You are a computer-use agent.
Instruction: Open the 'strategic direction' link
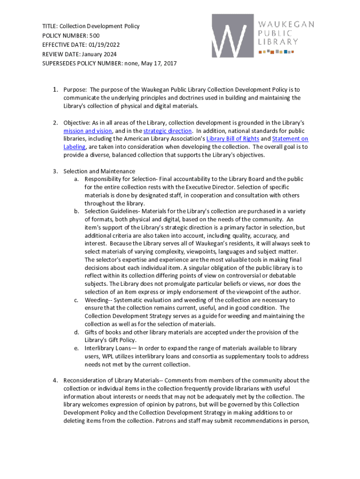pyautogui.click(x=167, y=131)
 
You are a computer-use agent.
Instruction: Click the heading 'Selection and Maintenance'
pyautogui.click(x=99, y=171)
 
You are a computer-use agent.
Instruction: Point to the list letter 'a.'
pyautogui.click(x=76, y=179)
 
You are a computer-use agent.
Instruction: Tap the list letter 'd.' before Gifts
pyautogui.click(x=76, y=332)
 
